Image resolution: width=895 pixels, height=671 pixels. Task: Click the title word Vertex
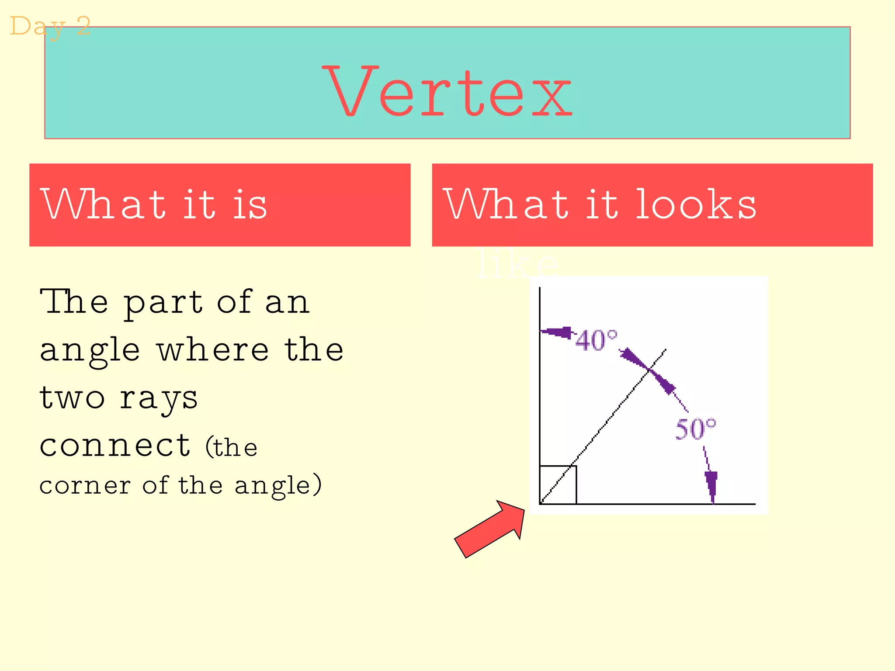tap(447, 92)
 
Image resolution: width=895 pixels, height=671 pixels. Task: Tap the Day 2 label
tap(50, 26)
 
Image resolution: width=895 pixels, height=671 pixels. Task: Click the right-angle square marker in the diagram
tap(558, 484)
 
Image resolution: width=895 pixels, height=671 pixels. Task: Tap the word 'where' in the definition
tap(213, 350)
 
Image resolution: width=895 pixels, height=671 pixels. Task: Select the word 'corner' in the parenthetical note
tap(85, 486)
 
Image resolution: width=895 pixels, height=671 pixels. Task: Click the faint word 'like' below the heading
tap(517, 264)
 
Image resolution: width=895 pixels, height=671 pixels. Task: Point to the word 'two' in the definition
tap(72, 398)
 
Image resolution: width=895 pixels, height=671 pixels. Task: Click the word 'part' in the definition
tap(163, 303)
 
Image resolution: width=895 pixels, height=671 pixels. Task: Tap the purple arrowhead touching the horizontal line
tap(711, 486)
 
